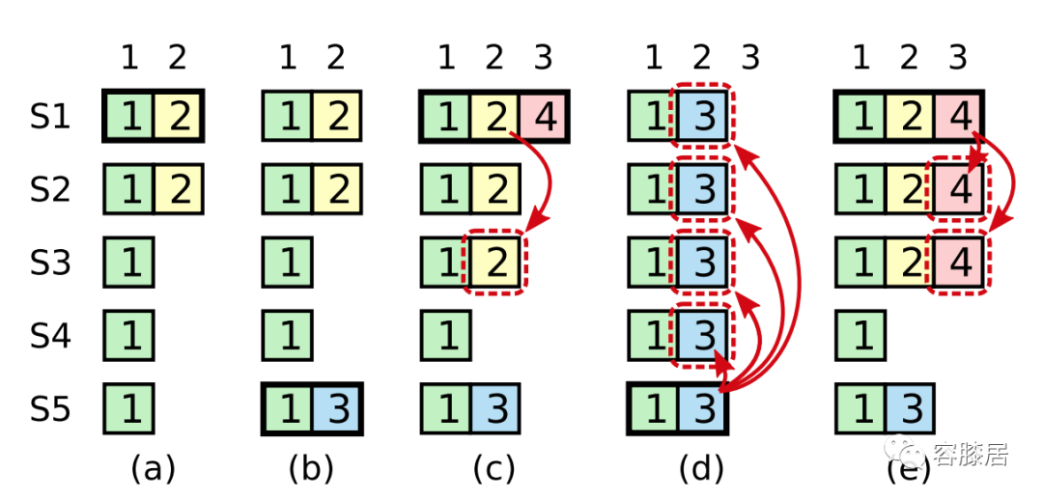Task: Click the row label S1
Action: pos(48,118)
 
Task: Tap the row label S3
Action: pos(48,263)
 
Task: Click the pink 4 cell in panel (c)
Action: pos(544,118)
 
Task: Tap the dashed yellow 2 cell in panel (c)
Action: pos(495,263)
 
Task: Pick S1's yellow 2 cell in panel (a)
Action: pos(177,118)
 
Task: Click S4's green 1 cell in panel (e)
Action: pos(861,335)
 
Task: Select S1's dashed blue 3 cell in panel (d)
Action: pos(704,118)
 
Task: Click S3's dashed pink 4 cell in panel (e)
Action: pos(959,263)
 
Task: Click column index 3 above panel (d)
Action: pos(750,59)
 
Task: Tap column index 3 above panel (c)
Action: pos(544,59)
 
